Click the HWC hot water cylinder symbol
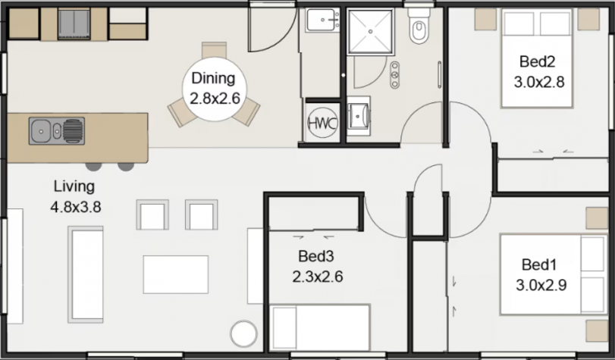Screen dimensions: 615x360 [x=322, y=123]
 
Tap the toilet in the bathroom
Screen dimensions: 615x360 [x=418, y=26]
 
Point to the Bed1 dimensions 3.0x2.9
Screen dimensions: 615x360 [x=541, y=285]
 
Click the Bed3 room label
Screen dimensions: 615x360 [x=315, y=256]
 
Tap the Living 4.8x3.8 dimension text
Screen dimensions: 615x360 [x=76, y=207]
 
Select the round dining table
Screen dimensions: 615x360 [x=215, y=89]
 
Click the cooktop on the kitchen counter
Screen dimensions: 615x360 [x=74, y=24]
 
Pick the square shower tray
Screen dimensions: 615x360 [x=371, y=31]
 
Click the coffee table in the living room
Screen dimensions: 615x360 [x=176, y=274]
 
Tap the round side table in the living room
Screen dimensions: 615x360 [x=244, y=333]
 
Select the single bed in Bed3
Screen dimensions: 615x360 [x=320, y=327]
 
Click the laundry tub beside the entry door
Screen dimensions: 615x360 [x=323, y=20]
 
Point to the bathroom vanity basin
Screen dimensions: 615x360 [x=359, y=116]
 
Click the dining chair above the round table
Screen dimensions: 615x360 [x=214, y=50]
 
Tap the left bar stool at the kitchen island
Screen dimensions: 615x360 [x=94, y=166]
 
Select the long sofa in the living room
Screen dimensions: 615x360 [x=86, y=274]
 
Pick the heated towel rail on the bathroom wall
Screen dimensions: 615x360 [x=439, y=75]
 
